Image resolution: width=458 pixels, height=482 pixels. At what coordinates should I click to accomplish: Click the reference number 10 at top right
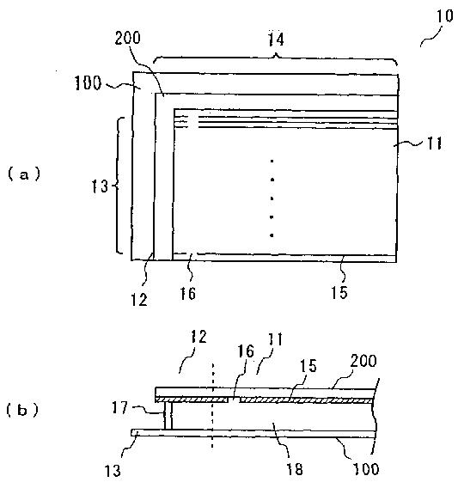pos(445,16)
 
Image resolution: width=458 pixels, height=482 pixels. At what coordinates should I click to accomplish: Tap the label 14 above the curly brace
pos(276,40)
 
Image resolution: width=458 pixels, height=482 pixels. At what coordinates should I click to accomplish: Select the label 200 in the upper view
pos(127,38)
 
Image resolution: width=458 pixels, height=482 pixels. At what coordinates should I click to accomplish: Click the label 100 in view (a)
pos(89,82)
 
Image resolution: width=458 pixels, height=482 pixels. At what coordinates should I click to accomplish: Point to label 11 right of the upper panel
pos(434,143)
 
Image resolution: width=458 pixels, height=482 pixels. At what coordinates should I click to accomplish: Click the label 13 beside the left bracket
pos(100,186)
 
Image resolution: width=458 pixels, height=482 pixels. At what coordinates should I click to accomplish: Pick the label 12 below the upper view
pos(139,299)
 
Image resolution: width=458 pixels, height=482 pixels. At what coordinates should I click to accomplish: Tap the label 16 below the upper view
pos(187,293)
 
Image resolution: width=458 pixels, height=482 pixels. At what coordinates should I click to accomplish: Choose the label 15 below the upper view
pos(339,292)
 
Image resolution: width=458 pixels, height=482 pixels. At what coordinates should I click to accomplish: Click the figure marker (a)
pos(24,174)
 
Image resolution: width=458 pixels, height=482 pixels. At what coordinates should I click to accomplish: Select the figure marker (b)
pos(22,410)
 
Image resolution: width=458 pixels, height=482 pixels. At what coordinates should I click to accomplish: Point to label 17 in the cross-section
pos(119,408)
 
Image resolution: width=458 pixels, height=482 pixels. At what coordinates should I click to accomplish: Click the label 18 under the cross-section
pos(294,469)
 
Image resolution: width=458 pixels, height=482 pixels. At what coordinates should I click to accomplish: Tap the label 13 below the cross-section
pos(113,471)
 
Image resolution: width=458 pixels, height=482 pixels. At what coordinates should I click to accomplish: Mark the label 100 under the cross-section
pos(366,469)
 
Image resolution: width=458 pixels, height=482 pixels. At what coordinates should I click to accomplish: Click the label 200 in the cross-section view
pos(363,361)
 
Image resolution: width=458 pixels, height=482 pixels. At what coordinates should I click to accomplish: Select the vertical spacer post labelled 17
pos(168,416)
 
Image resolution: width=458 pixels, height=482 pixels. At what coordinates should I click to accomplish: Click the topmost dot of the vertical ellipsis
pos(272,161)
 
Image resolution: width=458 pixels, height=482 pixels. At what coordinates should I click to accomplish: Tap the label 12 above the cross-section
pos(198,337)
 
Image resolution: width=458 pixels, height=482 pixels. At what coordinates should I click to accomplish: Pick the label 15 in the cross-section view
pos(308,365)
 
